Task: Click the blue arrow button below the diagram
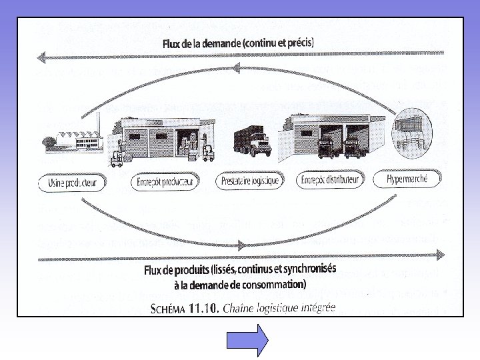pos(247,339)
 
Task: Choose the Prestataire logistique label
pos(249,181)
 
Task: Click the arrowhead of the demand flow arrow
pos(41,57)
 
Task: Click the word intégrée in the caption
pos(314,308)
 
